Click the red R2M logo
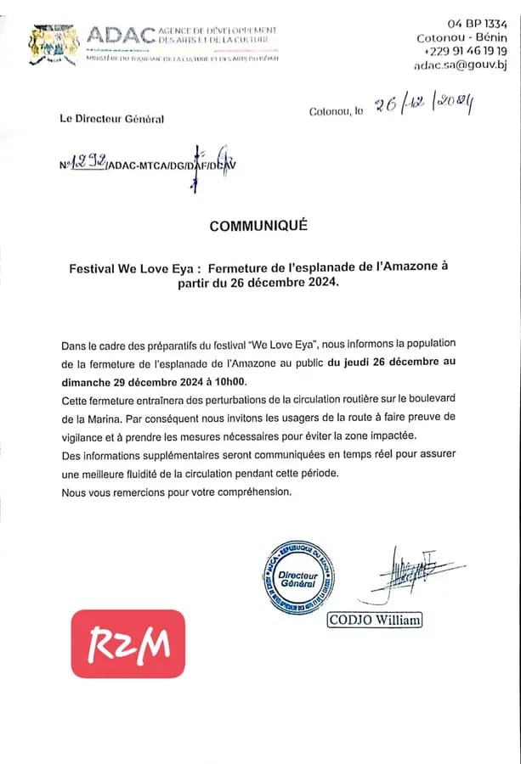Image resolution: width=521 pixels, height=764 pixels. (127, 643)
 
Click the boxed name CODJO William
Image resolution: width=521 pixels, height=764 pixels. (375, 620)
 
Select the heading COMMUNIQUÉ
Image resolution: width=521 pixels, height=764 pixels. (258, 226)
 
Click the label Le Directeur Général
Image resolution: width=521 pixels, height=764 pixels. (111, 120)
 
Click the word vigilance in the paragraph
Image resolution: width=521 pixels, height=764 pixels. (82, 435)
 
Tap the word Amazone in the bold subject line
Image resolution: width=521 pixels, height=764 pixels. (408, 267)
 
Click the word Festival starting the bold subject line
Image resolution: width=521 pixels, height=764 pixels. (93, 267)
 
